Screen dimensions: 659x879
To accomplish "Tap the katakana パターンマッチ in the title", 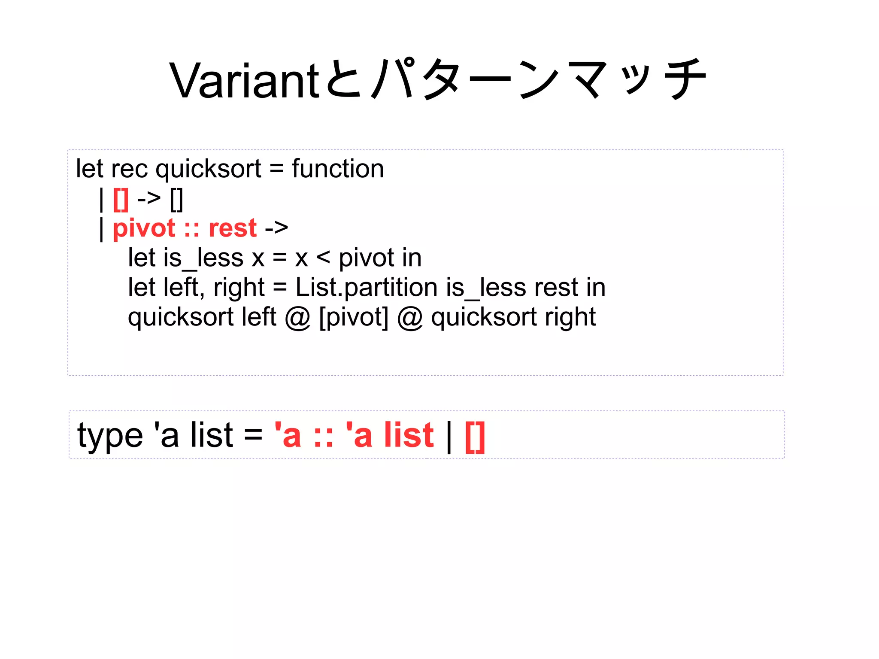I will (539, 79).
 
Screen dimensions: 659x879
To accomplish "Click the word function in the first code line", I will (338, 168).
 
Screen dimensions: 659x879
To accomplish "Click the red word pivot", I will (144, 228).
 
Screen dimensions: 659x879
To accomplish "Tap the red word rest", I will (233, 228).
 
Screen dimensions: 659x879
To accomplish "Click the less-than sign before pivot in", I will (323, 258).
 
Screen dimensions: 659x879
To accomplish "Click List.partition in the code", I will (367, 287).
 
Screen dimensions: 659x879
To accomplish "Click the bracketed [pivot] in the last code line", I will (354, 317).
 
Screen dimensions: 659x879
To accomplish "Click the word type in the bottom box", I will (110, 435).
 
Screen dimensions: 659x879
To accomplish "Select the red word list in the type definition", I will (409, 435).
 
